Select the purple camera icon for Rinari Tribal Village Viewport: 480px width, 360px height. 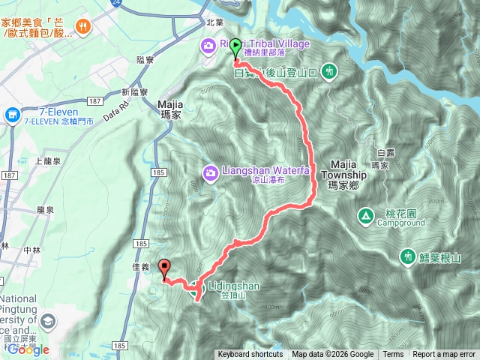tap(207, 46)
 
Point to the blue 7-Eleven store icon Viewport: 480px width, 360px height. tap(11, 115)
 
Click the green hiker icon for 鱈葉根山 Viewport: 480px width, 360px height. tap(407, 256)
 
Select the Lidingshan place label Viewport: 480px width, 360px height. tap(229, 286)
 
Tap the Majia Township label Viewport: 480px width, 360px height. tap(343, 169)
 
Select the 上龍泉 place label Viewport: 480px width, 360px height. tap(48, 160)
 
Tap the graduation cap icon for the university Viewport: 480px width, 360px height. tap(49, 322)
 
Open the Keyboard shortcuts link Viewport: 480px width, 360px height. tap(250, 355)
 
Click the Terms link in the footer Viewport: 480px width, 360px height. tap(393, 355)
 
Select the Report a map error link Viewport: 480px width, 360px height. tap(444, 355)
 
